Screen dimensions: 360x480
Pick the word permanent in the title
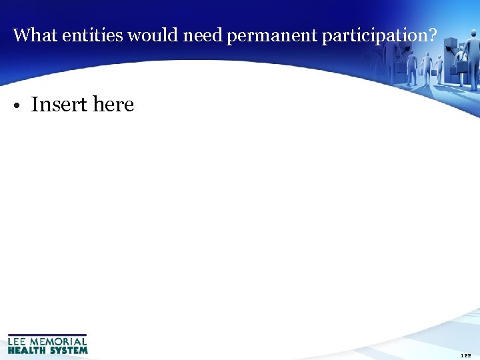272,36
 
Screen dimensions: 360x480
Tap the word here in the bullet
113,105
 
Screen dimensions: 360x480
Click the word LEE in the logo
18,341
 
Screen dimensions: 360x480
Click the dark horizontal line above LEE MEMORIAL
47,335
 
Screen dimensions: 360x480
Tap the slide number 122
466,356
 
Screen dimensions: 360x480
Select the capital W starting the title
19,35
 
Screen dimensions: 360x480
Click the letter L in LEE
11,341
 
